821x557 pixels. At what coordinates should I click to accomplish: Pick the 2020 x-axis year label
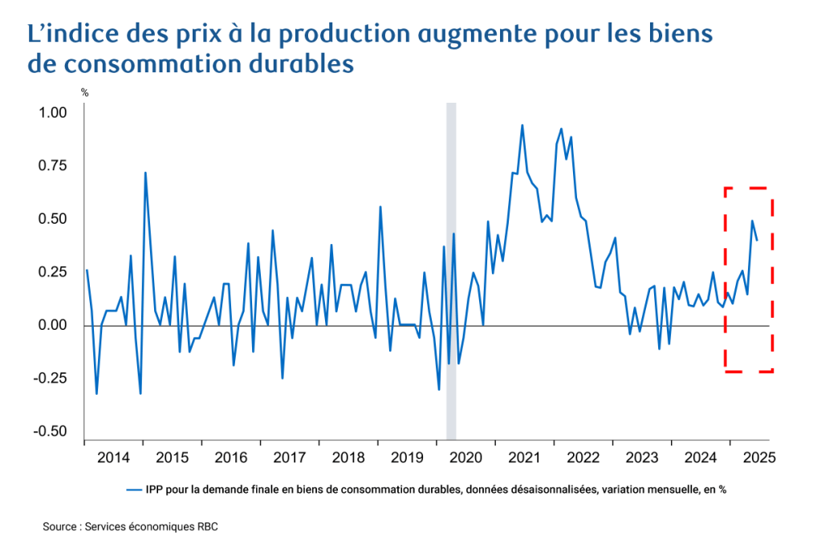pos(465,458)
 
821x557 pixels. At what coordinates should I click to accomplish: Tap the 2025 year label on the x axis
pos(758,458)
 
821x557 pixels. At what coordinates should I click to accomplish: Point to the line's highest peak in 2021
pos(522,125)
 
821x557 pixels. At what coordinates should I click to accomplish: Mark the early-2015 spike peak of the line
pos(145,173)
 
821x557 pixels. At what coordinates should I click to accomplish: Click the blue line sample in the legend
pos(133,489)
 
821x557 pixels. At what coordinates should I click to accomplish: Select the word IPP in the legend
pos(155,489)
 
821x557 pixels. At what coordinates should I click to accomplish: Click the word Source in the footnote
pos(61,527)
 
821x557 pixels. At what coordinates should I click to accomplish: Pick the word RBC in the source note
pos(205,527)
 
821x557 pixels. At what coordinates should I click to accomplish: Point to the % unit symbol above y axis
pos(84,93)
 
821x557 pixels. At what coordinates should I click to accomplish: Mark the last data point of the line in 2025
pos(757,240)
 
